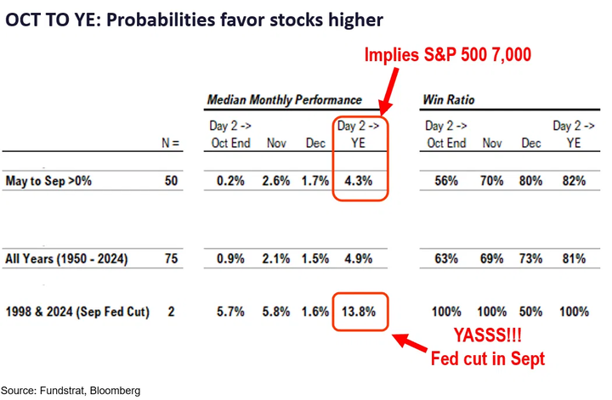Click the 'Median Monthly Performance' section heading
(x=284, y=101)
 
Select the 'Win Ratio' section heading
(x=448, y=101)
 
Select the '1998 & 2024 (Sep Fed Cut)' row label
(x=77, y=312)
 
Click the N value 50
(x=173, y=181)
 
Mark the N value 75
(x=173, y=258)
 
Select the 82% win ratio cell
(x=574, y=181)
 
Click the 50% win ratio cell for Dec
(x=531, y=312)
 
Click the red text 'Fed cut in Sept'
(x=488, y=360)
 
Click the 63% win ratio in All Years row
(x=444, y=258)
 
